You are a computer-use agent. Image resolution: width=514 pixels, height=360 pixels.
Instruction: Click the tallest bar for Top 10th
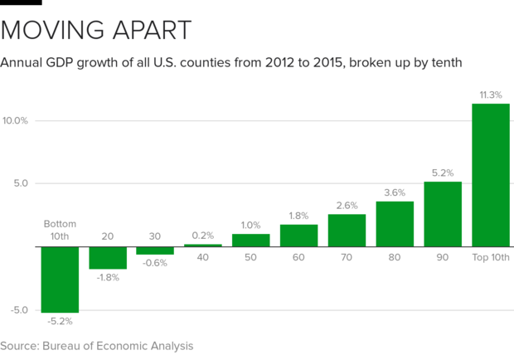(490, 174)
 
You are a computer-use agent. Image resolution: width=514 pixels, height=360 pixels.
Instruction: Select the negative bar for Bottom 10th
(60, 279)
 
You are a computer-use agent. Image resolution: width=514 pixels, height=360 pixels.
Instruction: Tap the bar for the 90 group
(442, 213)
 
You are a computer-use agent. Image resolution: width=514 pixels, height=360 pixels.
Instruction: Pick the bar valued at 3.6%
(395, 223)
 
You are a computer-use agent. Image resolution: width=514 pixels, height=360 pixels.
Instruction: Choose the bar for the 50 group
(250, 240)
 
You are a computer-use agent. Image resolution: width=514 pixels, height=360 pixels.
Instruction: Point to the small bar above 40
(202, 245)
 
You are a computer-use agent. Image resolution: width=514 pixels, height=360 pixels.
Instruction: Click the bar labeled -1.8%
(108, 257)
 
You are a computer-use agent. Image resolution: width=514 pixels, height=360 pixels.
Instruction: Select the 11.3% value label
(490, 94)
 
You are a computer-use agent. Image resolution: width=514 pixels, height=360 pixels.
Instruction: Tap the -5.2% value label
(60, 320)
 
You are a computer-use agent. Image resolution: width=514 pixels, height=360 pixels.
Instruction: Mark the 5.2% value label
(442, 173)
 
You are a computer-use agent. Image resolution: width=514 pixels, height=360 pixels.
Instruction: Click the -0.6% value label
(156, 263)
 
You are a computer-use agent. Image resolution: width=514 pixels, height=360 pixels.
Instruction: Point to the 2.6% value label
(347, 205)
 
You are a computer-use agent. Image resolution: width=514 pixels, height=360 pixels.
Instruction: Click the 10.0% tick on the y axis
(15, 120)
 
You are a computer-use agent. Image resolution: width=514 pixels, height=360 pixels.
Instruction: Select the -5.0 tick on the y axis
(17, 310)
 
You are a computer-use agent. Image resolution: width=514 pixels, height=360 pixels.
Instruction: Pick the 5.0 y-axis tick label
(19, 183)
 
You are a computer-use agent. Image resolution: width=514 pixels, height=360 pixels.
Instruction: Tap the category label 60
(298, 257)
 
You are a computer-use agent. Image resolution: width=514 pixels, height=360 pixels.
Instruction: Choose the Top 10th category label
(490, 257)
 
